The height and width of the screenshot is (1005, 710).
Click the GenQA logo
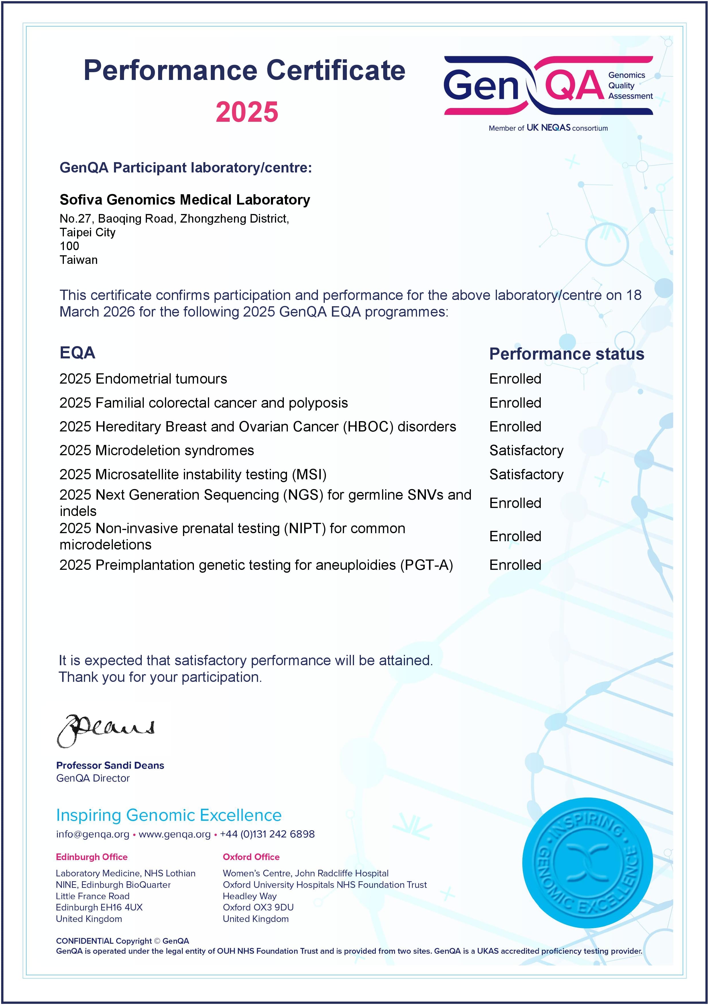tap(548, 86)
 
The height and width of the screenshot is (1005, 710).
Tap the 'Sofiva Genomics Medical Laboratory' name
tap(185, 200)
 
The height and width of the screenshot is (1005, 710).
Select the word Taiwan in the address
tap(79, 260)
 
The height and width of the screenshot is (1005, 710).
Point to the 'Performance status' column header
tap(567, 354)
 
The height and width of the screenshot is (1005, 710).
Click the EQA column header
tap(77, 353)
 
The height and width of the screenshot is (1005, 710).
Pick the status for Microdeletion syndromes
tap(526, 450)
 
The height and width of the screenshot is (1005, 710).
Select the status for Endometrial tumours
tap(515, 379)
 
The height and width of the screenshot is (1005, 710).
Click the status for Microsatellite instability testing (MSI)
tap(526, 474)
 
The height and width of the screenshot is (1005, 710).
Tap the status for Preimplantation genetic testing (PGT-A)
tap(515, 565)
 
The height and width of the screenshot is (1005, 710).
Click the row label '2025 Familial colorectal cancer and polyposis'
tap(203, 403)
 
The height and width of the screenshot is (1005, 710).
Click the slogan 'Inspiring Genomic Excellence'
tap(169, 815)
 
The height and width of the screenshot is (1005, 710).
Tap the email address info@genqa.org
tap(93, 834)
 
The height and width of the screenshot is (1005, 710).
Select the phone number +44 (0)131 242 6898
tap(267, 834)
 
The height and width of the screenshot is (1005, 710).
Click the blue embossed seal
tap(587, 863)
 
